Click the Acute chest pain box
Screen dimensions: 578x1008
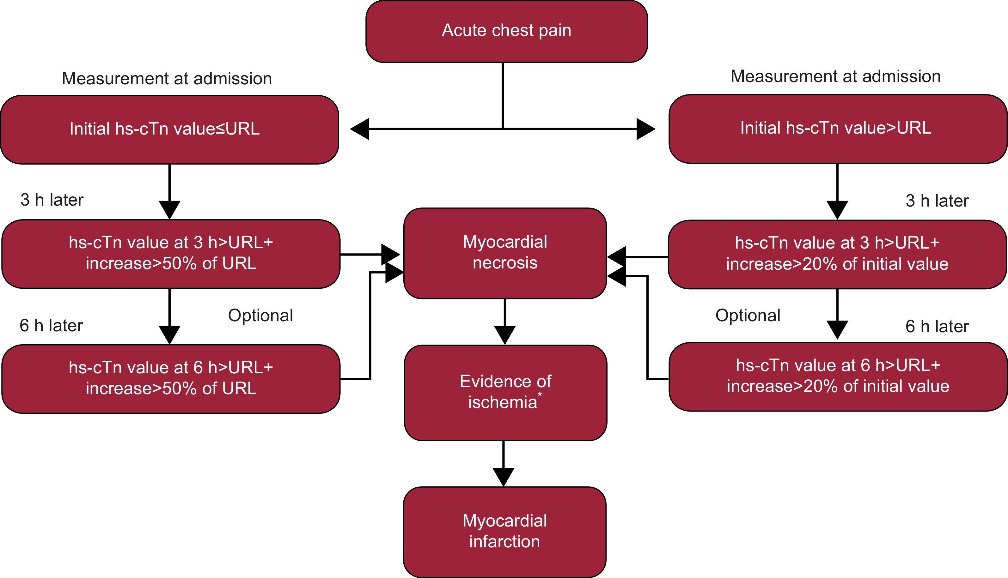point(506,31)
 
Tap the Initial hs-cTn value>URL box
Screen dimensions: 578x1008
point(837,129)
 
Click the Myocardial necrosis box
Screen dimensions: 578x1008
point(505,253)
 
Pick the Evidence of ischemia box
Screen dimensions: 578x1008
point(505,392)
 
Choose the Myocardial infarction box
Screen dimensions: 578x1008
point(504,531)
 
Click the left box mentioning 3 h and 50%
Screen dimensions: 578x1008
point(171,254)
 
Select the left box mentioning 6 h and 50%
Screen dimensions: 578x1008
point(171,378)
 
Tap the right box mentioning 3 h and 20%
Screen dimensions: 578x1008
point(837,254)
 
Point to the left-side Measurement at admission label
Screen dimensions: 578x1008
point(167,79)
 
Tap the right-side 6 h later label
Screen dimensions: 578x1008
point(937,327)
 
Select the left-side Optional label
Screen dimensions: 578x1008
point(260,316)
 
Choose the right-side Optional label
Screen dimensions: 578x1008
point(748,316)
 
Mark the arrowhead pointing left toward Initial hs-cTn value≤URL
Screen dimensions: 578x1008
point(359,129)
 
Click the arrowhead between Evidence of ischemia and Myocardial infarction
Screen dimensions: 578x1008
point(503,477)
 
